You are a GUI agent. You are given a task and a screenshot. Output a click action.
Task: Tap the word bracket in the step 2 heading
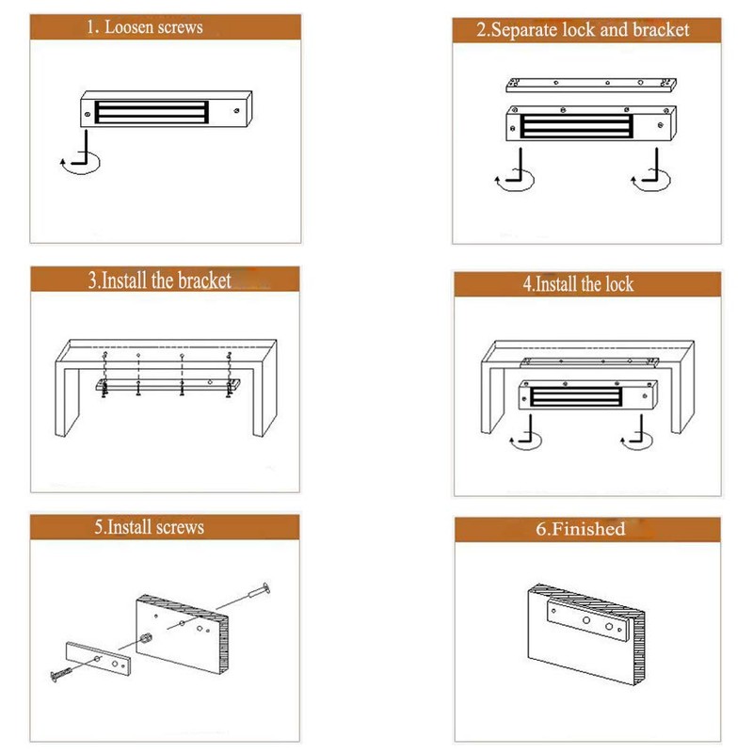(x=661, y=30)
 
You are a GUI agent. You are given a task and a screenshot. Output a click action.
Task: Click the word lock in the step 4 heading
(x=619, y=284)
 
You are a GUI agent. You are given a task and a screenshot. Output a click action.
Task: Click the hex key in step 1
(x=80, y=154)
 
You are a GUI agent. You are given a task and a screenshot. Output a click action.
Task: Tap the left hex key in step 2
(x=514, y=171)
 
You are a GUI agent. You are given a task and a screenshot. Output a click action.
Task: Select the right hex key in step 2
(x=650, y=171)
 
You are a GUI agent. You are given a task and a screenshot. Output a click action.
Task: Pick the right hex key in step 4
(x=636, y=434)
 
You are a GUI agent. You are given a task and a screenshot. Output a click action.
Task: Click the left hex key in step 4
(x=525, y=434)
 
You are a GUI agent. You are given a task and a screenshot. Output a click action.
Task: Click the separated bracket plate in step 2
(x=591, y=85)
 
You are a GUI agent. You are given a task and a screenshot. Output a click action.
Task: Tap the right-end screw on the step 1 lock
(x=236, y=111)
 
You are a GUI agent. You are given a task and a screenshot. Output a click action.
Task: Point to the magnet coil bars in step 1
(x=152, y=112)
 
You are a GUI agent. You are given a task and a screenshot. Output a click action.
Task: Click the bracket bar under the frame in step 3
(x=168, y=384)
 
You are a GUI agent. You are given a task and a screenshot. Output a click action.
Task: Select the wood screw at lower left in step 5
(x=61, y=673)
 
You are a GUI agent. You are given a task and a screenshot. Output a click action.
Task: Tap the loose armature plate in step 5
(x=98, y=658)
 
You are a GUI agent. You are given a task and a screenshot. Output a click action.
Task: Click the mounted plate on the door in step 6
(x=587, y=620)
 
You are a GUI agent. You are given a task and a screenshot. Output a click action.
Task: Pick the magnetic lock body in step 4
(x=587, y=395)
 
